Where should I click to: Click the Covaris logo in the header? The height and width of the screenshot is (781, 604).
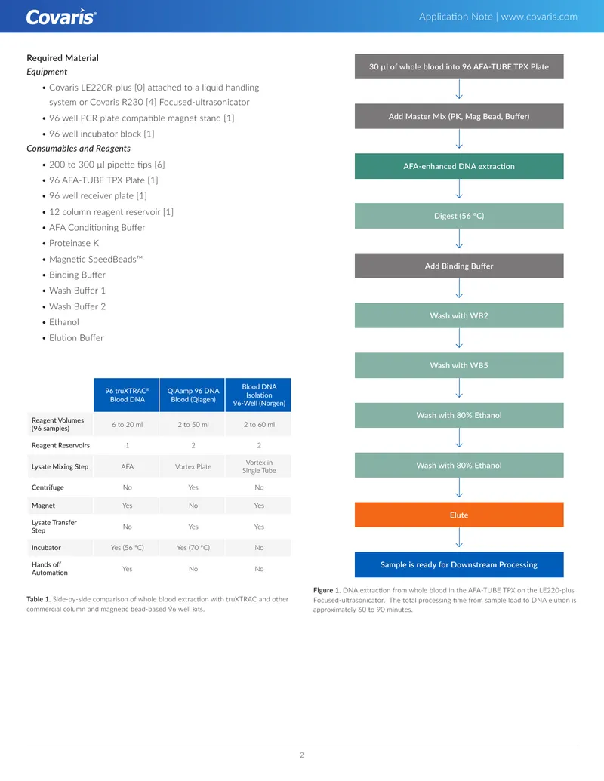pos(61,17)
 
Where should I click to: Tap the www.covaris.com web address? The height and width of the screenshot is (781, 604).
pos(539,17)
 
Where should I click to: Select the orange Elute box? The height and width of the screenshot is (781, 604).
pos(459,515)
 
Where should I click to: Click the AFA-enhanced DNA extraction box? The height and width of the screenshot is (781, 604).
pos(459,166)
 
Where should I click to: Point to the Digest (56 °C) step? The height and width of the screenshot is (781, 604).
pos(459,216)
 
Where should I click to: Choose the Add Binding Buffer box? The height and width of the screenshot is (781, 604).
pos(459,266)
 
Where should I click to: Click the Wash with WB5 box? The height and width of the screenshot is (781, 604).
pos(459,365)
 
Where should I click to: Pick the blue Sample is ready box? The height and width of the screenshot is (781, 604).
pos(459,564)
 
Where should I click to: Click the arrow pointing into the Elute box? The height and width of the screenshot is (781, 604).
pos(459,487)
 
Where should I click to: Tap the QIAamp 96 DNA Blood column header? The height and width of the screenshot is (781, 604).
pos(193,395)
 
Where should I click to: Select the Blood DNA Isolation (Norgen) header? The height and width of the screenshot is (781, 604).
pos(259,395)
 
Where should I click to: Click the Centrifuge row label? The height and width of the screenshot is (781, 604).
pos(48,487)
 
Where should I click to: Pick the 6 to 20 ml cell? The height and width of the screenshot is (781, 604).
pos(127,424)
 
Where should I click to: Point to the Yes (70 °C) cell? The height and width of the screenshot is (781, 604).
pos(193,547)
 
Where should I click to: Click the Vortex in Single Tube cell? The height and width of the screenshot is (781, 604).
pos(259,466)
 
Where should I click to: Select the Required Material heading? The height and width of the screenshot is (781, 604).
pos(63,58)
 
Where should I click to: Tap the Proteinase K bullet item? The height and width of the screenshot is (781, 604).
pos(74,243)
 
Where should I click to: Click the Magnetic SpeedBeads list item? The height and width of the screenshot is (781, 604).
pos(95,259)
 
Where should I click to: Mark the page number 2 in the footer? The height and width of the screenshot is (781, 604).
pos(302,755)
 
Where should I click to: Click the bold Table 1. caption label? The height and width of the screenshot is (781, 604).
pos(39,599)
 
